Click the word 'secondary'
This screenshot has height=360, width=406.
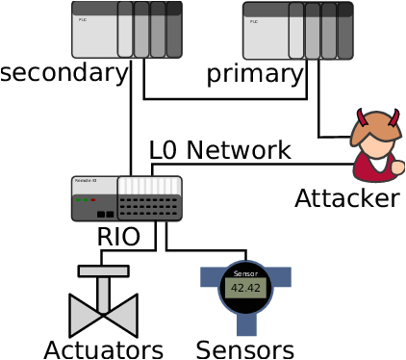(64, 73)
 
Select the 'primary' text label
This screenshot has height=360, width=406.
(255, 74)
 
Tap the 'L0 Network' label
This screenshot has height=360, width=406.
(219, 150)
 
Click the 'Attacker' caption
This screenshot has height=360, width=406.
(346, 198)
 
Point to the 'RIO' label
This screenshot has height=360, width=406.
(118, 237)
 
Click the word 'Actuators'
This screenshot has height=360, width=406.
(103, 348)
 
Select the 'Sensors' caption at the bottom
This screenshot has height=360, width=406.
(244, 348)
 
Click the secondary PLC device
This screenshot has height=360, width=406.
(126, 30)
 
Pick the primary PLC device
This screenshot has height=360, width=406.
(297, 30)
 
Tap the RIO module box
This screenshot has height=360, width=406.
(126, 198)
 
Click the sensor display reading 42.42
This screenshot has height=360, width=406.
(245, 288)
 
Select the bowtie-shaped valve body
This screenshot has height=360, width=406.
(103, 315)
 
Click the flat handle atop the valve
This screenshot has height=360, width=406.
(103, 271)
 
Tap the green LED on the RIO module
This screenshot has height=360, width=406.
(79, 200)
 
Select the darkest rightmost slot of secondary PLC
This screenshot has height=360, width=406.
(174, 30)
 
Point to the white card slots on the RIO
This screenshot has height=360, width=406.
(149, 186)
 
